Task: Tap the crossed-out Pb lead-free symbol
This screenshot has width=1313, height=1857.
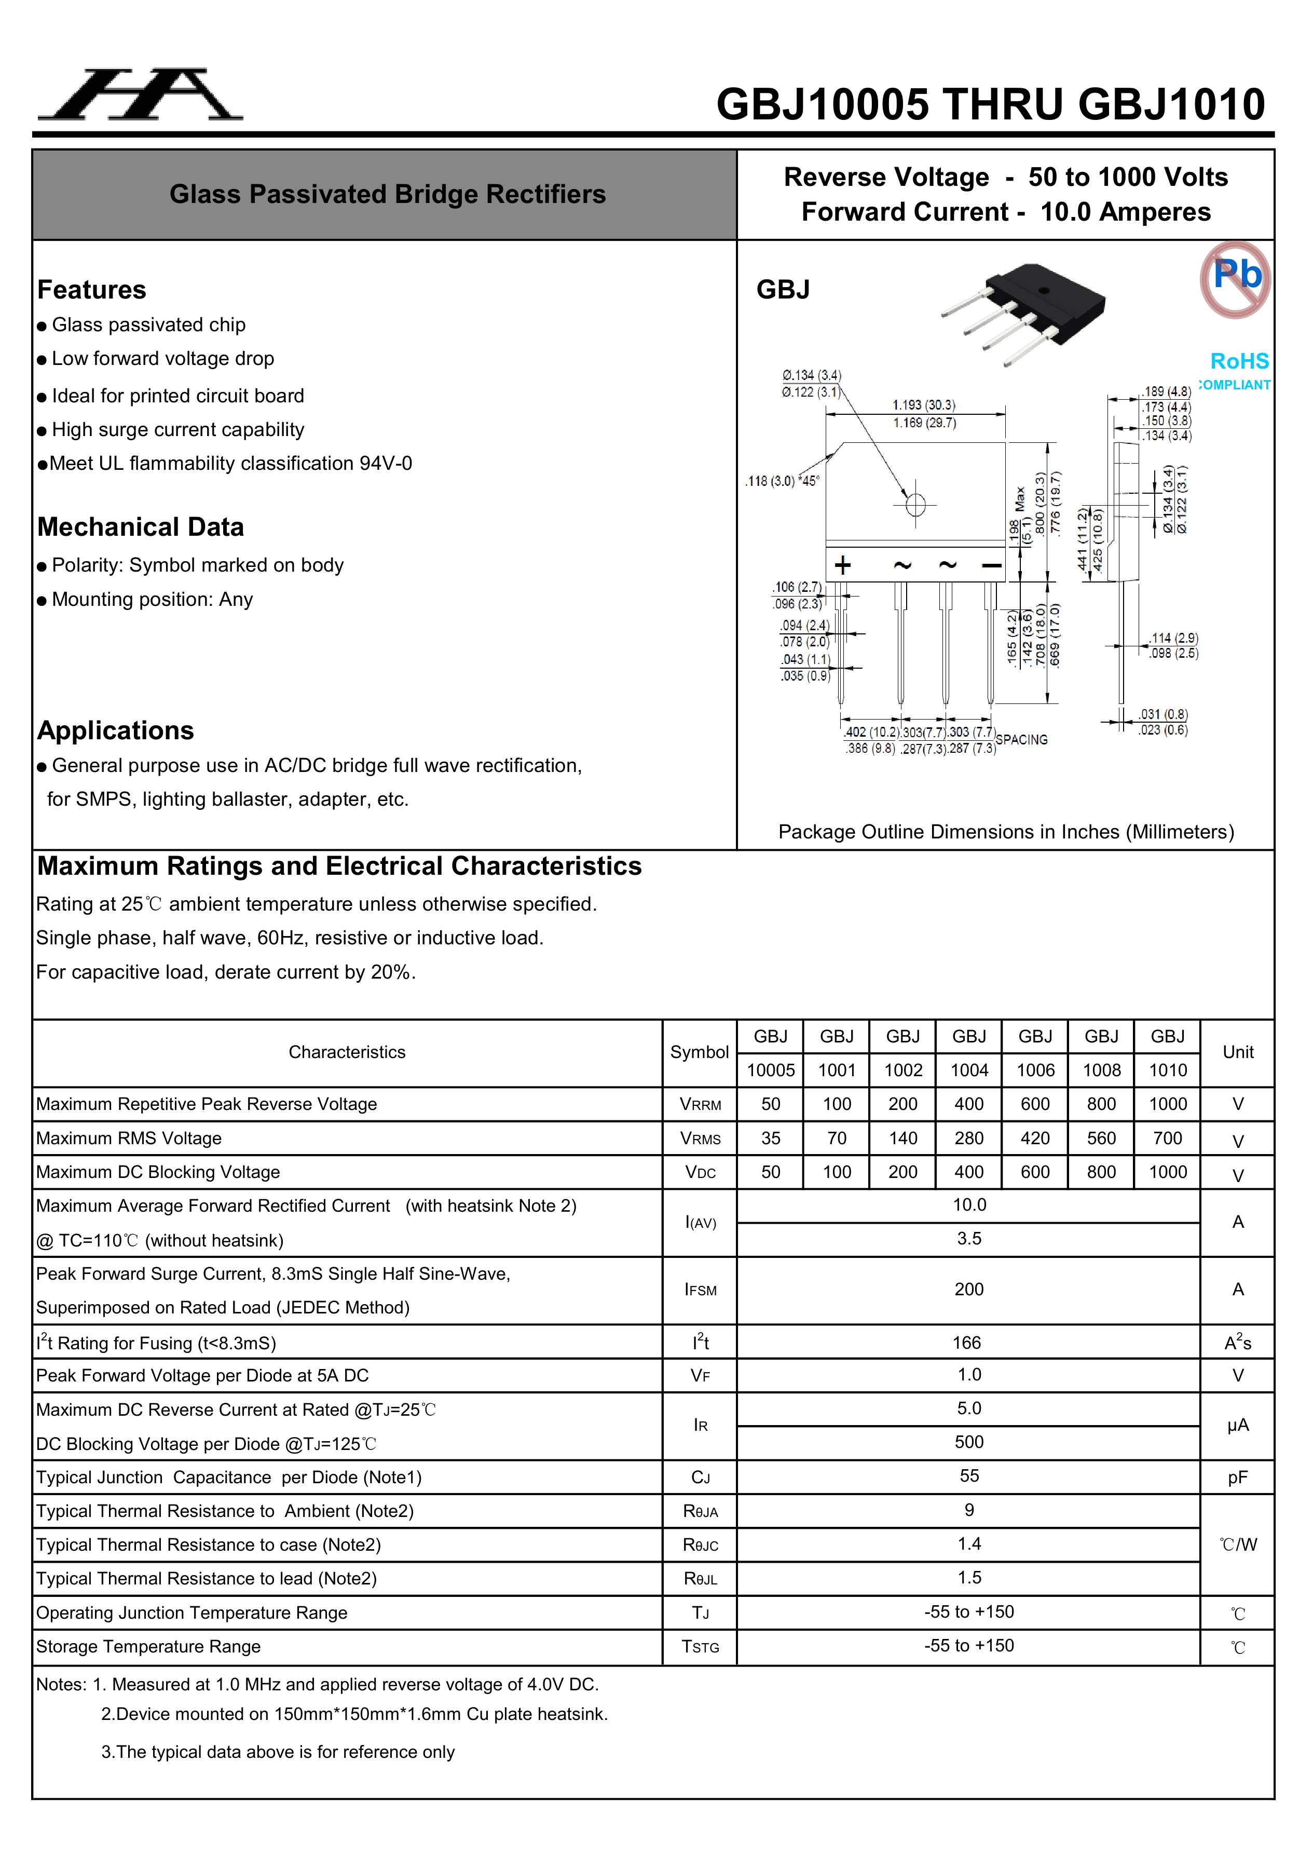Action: point(1235,279)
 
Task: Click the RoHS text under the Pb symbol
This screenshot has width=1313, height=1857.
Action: point(1239,361)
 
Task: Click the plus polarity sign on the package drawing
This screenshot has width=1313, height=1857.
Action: point(842,565)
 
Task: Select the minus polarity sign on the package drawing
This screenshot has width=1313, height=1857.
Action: point(991,565)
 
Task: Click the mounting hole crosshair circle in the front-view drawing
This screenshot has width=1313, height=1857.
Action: point(915,505)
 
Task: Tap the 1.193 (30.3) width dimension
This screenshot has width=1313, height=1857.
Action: point(923,404)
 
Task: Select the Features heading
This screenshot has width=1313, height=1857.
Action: point(91,290)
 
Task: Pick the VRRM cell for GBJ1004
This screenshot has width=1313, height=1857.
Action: point(968,1104)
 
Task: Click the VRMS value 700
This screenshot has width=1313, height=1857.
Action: point(1168,1138)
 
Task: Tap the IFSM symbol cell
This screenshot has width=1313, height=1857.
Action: point(700,1290)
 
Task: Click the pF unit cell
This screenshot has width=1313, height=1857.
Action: point(1237,1478)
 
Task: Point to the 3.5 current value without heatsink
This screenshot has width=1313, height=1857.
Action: point(968,1238)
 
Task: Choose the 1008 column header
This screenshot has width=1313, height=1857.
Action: point(1101,1070)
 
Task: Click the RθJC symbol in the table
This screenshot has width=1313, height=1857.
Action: point(700,1546)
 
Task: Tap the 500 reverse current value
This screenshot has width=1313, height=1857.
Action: point(968,1442)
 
